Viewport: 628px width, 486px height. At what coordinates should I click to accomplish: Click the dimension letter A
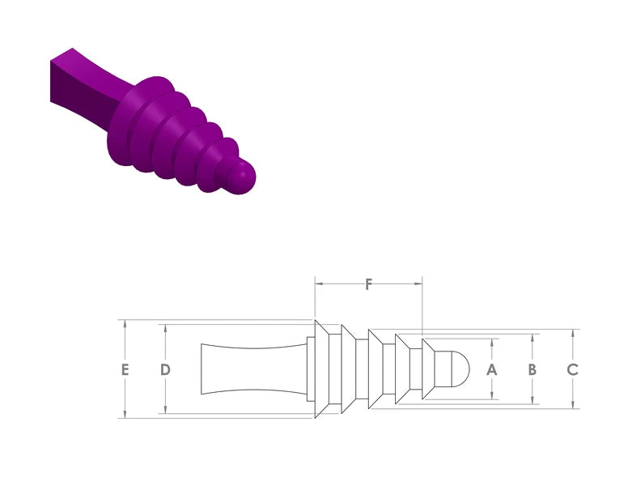(492, 369)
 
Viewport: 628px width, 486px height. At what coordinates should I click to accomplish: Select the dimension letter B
(533, 369)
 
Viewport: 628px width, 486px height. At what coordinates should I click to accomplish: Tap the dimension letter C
(573, 369)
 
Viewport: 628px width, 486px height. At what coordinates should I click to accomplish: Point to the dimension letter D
(165, 369)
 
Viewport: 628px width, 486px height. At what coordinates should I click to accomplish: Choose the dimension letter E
(125, 369)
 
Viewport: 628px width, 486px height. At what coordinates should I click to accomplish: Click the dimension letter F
(368, 284)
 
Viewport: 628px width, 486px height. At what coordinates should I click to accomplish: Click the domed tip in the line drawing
(460, 369)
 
